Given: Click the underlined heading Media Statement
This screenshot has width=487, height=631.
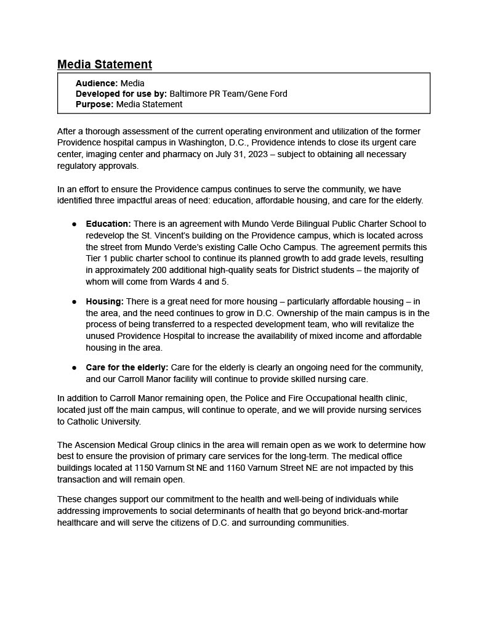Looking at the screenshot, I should tap(105, 65).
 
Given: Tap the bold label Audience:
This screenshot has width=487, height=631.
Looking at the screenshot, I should tap(97, 83).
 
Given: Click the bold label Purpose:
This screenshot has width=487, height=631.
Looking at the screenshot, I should tap(95, 104).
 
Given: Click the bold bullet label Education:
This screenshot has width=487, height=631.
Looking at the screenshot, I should tap(108, 224).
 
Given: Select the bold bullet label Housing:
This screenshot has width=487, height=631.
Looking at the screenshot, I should tap(105, 301).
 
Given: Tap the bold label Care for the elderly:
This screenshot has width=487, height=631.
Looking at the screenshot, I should tap(127, 367).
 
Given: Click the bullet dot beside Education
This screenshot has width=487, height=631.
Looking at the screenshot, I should tap(74, 224).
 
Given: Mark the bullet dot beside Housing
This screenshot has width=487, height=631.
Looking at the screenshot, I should tap(74, 302).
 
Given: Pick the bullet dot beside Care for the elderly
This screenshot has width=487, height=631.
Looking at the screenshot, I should tap(74, 368).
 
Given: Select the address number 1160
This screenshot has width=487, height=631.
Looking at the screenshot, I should tap(237, 468).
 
